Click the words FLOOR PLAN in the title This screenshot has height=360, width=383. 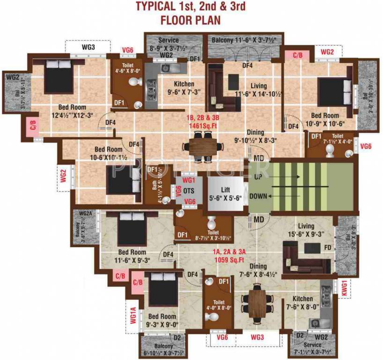190,20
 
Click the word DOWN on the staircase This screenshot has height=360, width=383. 261,196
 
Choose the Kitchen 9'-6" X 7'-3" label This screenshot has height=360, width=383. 184,88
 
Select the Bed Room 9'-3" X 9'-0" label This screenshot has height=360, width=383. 162,320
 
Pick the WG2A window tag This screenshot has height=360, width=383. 86,214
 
